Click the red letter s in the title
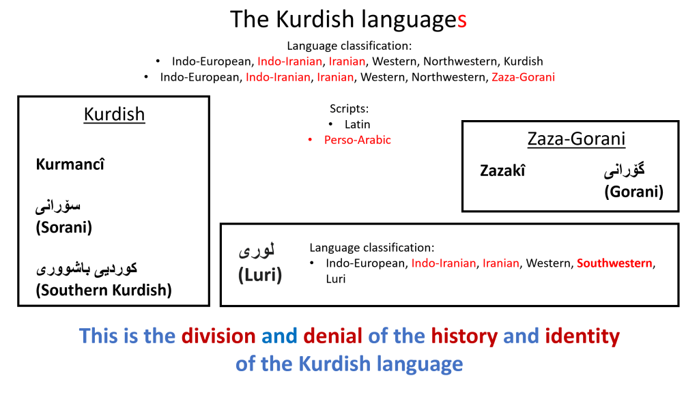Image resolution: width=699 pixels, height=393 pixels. click(462, 20)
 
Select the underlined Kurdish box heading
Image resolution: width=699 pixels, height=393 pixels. click(114, 115)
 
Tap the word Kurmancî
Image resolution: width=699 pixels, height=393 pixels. click(70, 164)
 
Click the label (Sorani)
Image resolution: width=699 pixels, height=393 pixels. click(63, 227)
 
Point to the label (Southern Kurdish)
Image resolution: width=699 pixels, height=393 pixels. click(104, 290)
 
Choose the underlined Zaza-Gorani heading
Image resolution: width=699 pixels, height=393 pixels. click(576, 139)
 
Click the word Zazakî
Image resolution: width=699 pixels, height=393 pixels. click(502, 171)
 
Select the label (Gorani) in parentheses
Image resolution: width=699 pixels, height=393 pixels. click(633, 192)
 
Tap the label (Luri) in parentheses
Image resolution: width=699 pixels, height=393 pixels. click(260, 274)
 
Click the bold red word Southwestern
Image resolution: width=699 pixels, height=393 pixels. click(614, 263)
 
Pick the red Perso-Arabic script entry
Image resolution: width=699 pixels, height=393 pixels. click(358, 140)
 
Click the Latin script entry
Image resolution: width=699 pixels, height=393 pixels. click(357, 124)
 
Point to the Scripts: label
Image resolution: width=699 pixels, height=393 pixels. click(349, 108)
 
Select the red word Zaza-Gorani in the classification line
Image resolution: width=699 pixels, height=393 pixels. click(524, 77)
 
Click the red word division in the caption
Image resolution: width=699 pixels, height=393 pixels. click(218, 336)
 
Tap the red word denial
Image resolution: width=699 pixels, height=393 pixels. click(332, 336)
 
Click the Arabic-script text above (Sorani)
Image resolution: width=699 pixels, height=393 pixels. click(58, 207)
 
